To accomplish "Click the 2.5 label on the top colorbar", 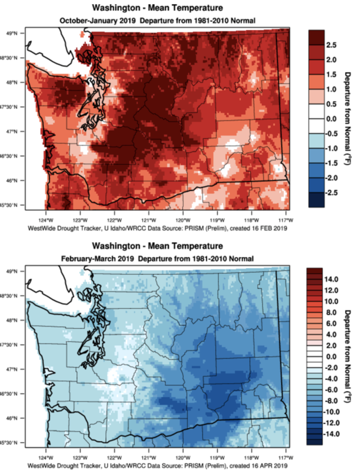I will (x=331, y=45).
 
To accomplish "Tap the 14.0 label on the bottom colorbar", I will (x=331, y=279).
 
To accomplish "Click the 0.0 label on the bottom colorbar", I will (x=331, y=357).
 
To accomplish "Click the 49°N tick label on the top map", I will (x=11, y=33).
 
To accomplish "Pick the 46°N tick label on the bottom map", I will (x=11, y=418).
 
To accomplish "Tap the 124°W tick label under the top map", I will (x=46, y=220).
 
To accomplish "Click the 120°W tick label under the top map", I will (x=183, y=220).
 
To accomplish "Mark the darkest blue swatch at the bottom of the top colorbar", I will (x=316, y=200).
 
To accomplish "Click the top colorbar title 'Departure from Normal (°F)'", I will (x=348, y=118).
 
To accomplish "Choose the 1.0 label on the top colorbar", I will (x=331, y=89).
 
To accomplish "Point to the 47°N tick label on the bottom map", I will (x=11, y=369).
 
